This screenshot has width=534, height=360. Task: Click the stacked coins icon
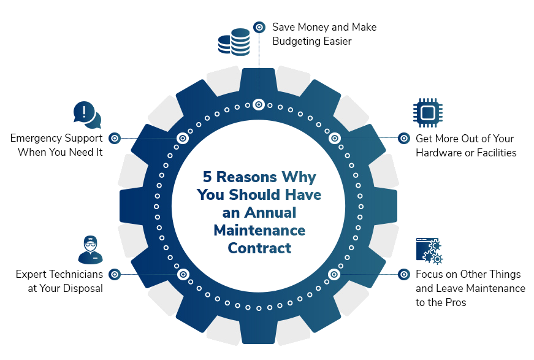pyautogui.click(x=234, y=42)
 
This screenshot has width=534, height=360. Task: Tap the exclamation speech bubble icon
pyautogui.click(x=87, y=115)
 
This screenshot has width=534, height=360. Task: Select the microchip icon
pyautogui.click(x=428, y=113)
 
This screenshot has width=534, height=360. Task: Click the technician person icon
pyautogui.click(x=90, y=250)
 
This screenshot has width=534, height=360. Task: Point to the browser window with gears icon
pyautogui.click(x=429, y=251)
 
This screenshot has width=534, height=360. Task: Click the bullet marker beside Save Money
pyautogui.click(x=259, y=27)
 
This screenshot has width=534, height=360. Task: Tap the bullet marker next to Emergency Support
pyautogui.click(x=115, y=138)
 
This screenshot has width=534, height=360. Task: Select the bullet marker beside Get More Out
pyautogui.click(x=404, y=138)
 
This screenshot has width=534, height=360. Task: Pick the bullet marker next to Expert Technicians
pyautogui.click(x=115, y=274)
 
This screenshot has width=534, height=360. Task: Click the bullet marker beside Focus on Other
pyautogui.click(x=404, y=274)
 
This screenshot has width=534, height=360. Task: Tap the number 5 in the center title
pyautogui.click(x=207, y=177)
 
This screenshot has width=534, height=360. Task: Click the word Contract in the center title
pyautogui.click(x=259, y=248)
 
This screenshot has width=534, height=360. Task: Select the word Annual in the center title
pyautogui.click(x=270, y=213)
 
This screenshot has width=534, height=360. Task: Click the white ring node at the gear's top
pyautogui.click(x=259, y=104)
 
